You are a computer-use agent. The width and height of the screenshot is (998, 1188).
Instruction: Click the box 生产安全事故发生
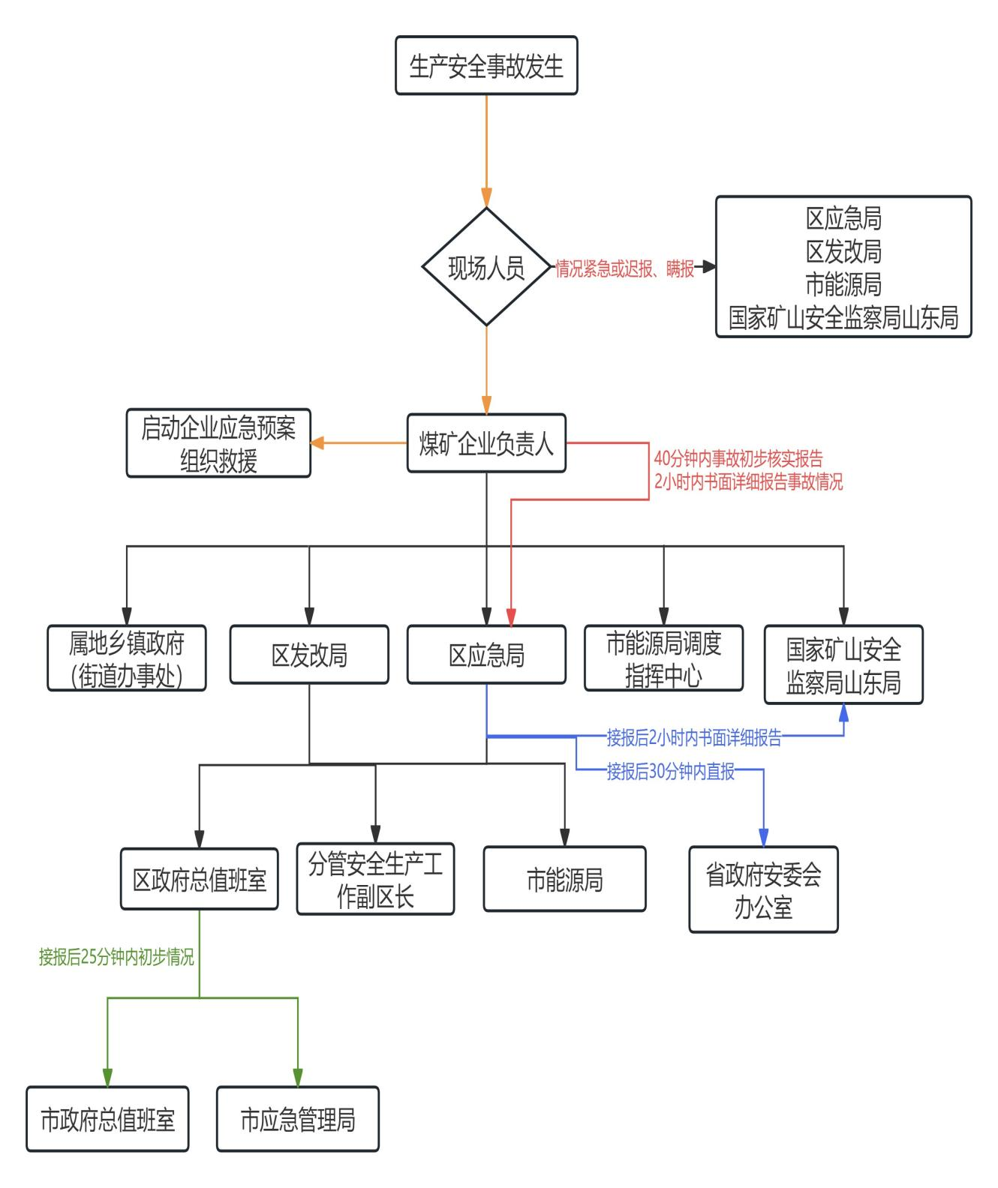486,66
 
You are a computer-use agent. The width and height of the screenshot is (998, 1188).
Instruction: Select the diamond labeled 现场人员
486,267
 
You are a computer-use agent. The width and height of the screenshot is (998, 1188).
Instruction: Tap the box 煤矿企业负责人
486,443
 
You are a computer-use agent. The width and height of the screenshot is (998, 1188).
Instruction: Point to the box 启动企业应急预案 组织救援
218,443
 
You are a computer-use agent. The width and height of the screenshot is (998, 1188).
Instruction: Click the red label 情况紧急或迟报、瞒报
624,268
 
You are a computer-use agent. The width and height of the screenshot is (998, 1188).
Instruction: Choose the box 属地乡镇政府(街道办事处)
127,658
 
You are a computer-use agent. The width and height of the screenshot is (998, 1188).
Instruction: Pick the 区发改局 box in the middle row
309,655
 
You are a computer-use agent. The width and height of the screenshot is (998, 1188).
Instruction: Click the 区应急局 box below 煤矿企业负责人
486,655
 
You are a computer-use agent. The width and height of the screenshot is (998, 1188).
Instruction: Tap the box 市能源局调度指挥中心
663,658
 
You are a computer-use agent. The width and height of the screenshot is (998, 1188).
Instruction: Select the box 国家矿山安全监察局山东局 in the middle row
843,664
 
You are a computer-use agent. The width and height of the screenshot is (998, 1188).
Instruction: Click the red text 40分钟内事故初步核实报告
738,458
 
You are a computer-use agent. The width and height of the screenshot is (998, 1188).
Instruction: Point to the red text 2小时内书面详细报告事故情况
748,481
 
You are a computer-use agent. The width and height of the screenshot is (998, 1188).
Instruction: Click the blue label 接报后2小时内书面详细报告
694,738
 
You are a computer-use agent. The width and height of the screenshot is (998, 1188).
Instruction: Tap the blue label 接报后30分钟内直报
671,771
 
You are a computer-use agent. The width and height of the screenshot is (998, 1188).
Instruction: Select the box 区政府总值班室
200,879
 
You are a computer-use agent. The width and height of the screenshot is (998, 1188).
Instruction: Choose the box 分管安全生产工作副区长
375,879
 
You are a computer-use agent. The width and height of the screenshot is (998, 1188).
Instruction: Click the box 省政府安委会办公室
763,889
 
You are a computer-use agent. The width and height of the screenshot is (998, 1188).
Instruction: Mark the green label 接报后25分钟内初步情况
116,957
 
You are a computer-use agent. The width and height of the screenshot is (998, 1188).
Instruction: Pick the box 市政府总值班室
107,1119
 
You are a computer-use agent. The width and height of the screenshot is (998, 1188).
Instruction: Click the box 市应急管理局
298,1119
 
